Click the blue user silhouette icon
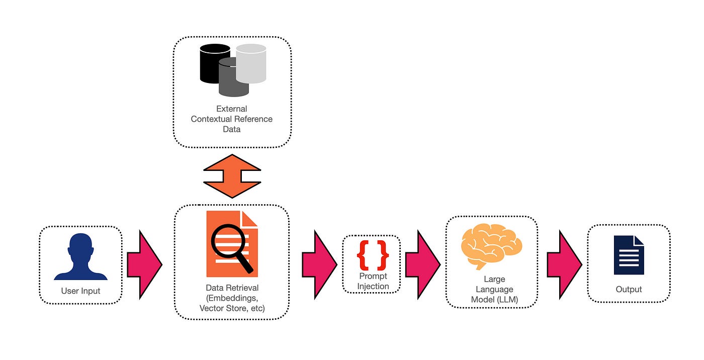(80, 257)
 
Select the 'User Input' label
(80, 291)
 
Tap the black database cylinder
(214, 63)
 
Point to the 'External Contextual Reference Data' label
(232, 119)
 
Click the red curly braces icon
(373, 255)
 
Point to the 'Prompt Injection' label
(373, 282)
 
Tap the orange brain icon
(491, 246)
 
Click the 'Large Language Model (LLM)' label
(491, 290)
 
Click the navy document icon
(629, 255)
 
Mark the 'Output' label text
(629, 289)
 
